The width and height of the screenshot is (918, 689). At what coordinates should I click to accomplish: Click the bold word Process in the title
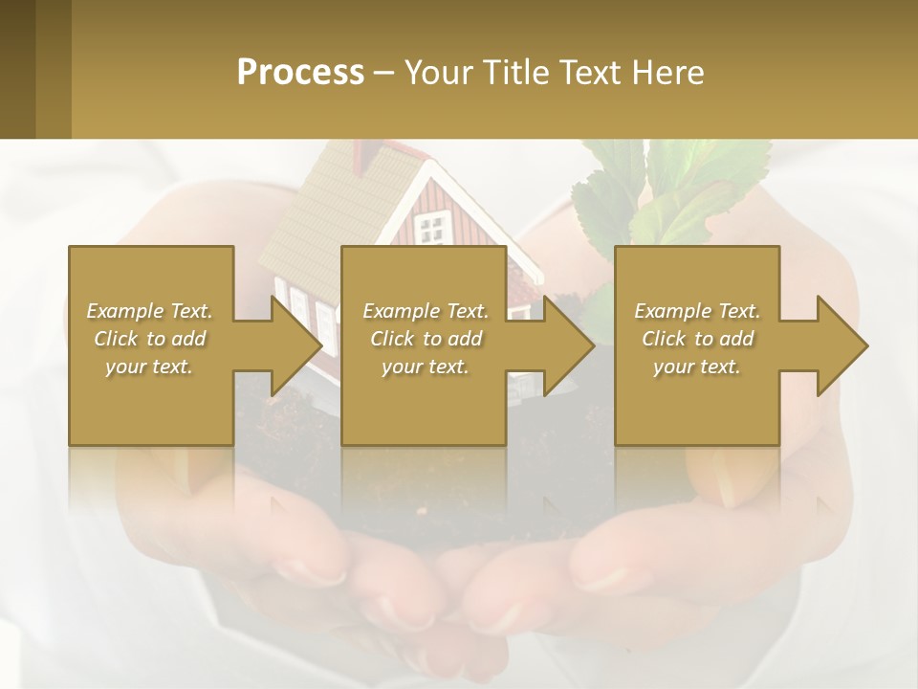click(x=300, y=73)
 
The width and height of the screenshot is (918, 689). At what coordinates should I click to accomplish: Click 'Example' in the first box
click(x=125, y=311)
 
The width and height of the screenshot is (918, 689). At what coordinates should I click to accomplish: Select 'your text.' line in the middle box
click(x=425, y=367)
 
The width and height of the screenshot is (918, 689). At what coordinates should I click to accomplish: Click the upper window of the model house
click(x=433, y=228)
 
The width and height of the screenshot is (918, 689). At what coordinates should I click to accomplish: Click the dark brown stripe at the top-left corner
click(x=17, y=69)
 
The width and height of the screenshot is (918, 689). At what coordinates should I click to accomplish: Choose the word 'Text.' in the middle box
click(x=466, y=311)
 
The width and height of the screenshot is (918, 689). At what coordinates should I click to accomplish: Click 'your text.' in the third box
click(x=696, y=367)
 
